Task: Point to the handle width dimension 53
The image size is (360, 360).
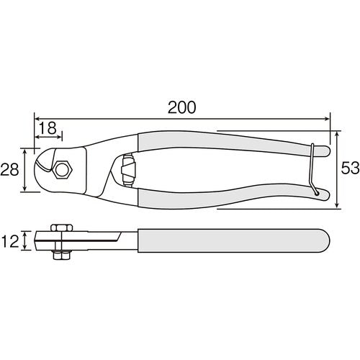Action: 348,170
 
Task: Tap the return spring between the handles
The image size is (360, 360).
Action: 128,171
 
